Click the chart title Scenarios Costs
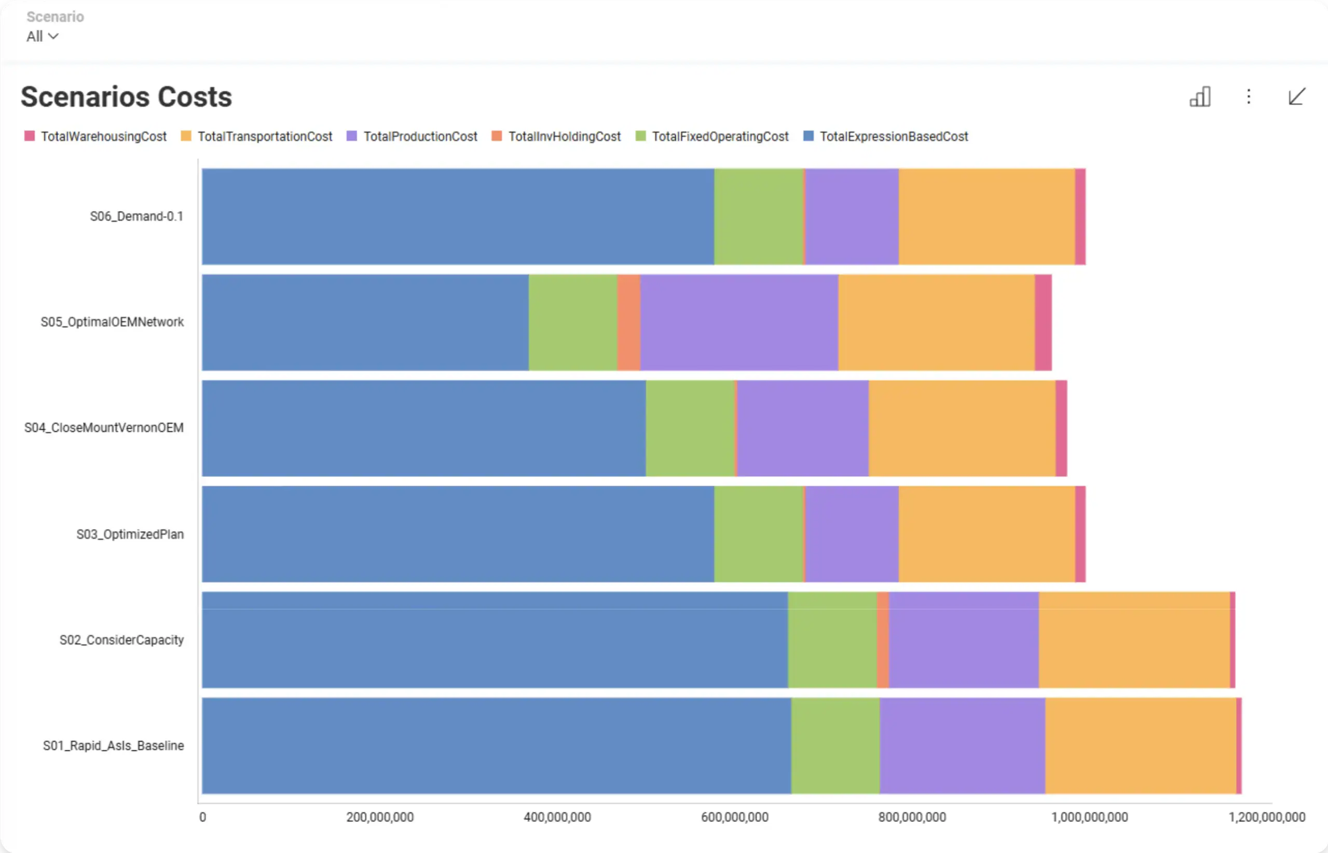click(126, 97)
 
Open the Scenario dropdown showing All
click(42, 36)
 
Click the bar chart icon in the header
click(1200, 97)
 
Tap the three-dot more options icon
click(1248, 97)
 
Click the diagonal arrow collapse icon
click(1296, 97)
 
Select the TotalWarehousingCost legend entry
click(103, 136)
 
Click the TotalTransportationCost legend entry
click(264, 136)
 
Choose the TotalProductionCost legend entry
click(420, 136)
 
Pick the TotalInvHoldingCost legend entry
click(564, 136)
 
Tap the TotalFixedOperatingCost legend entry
click(720, 136)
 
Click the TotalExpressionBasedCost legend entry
click(893, 136)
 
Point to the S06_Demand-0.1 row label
click(136, 216)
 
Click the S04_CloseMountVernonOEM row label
click(104, 428)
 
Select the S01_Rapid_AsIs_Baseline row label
click(114, 746)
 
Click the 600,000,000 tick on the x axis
click(735, 817)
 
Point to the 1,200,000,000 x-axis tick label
click(1266, 817)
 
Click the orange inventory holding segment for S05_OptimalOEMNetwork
click(629, 322)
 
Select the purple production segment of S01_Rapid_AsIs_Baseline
click(962, 746)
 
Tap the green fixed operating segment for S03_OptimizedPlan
click(759, 534)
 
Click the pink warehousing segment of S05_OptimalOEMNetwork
click(1043, 322)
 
